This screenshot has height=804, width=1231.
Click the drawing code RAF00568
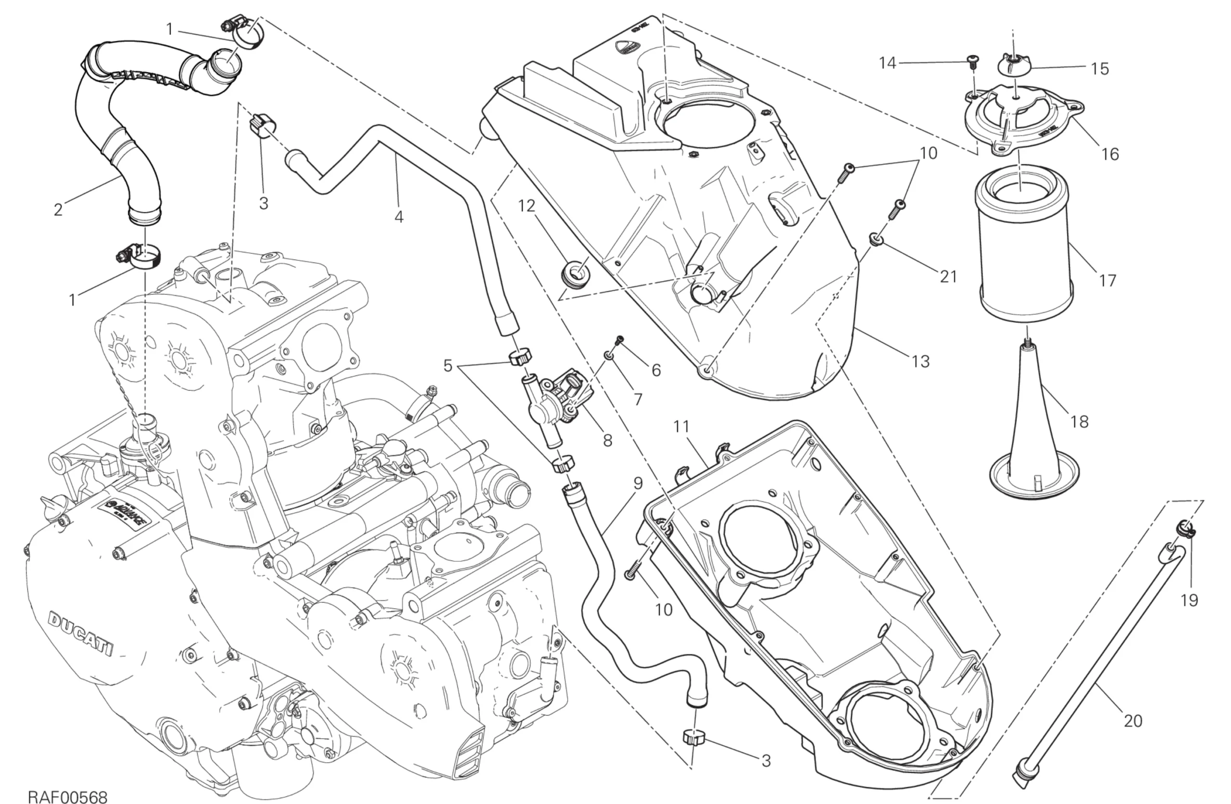click(67, 795)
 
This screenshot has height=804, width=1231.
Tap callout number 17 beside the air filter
click(1107, 281)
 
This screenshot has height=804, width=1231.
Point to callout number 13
click(921, 361)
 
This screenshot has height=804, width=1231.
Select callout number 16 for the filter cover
click(1110, 154)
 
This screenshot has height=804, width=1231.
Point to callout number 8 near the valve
click(607, 440)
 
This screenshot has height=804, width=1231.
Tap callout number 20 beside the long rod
click(1133, 720)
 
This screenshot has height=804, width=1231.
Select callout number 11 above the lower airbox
click(682, 427)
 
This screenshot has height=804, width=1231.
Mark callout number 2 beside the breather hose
click(58, 210)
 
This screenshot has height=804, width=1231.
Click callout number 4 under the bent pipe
click(398, 217)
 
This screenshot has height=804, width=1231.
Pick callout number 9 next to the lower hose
click(638, 483)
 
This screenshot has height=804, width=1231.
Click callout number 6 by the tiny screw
click(656, 370)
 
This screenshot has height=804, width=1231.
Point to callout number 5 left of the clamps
click(448, 366)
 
